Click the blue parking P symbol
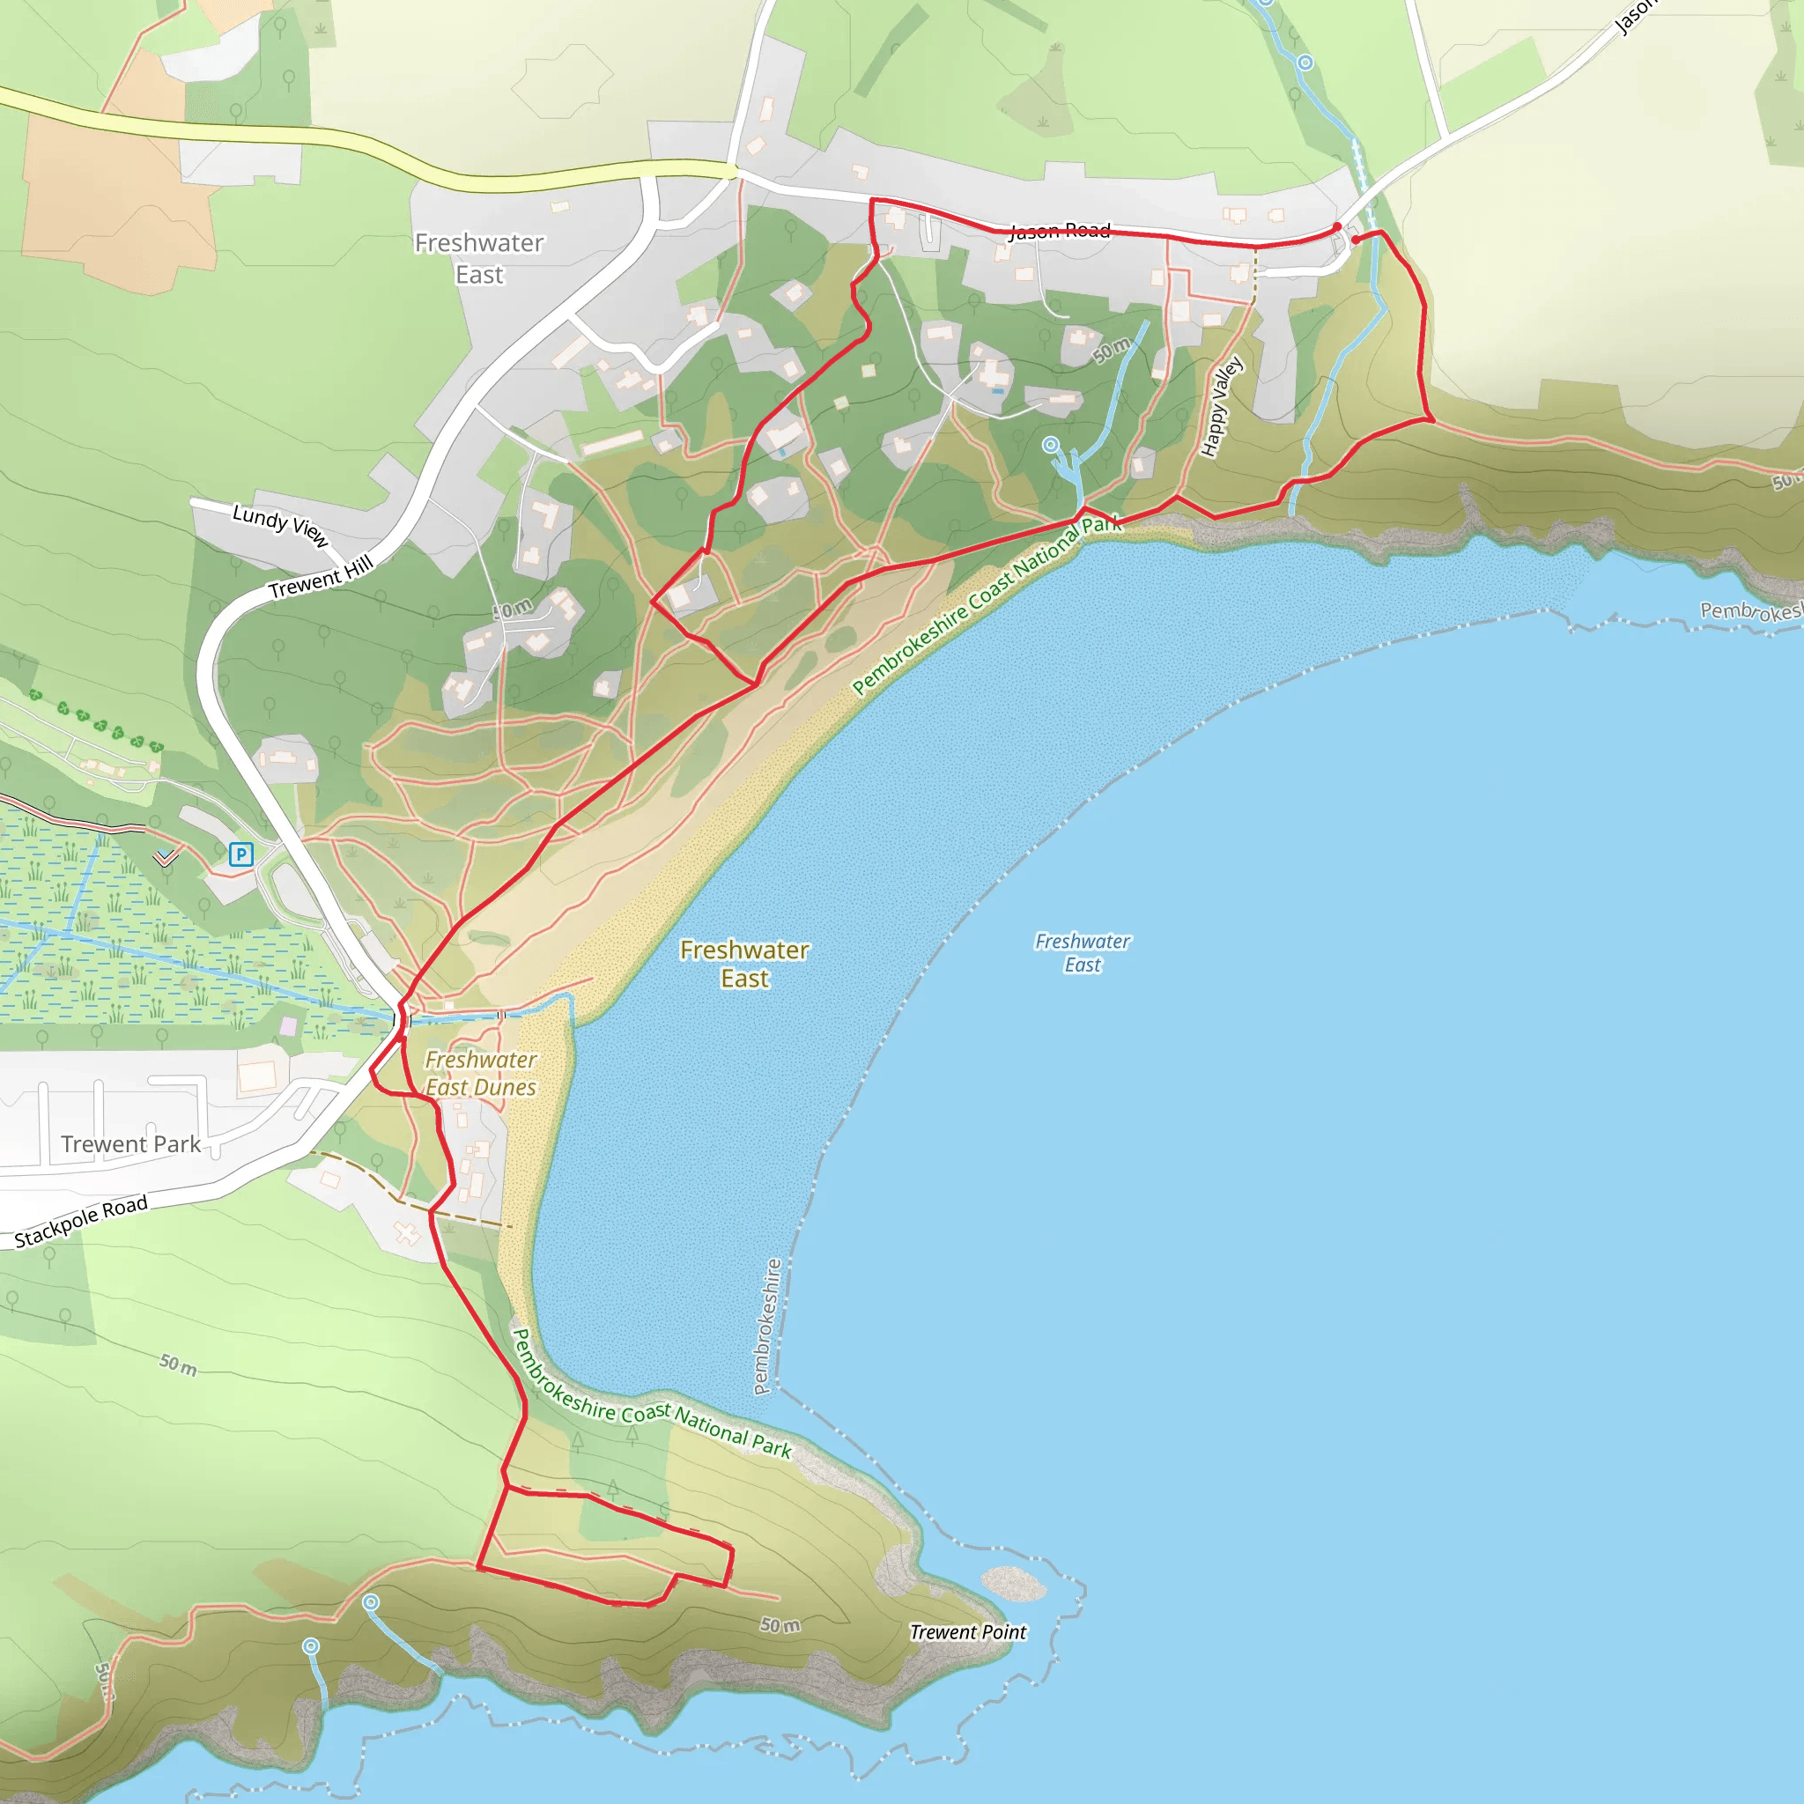(x=240, y=854)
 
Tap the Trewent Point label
(x=967, y=1631)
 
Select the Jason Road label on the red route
(x=1059, y=231)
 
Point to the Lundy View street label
(x=280, y=525)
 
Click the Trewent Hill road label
(x=321, y=577)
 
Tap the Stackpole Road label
(x=81, y=1220)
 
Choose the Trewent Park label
(x=130, y=1144)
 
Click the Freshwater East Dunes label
(x=481, y=1073)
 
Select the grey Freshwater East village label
(x=479, y=259)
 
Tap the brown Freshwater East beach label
(x=744, y=964)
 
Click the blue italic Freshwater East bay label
(x=1083, y=952)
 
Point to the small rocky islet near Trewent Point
(x=1013, y=1582)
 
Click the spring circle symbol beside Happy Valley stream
(x=1051, y=445)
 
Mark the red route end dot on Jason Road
(x=1337, y=227)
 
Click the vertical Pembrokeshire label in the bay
(x=767, y=1326)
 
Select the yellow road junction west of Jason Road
(x=734, y=171)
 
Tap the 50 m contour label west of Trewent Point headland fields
(x=177, y=1364)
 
